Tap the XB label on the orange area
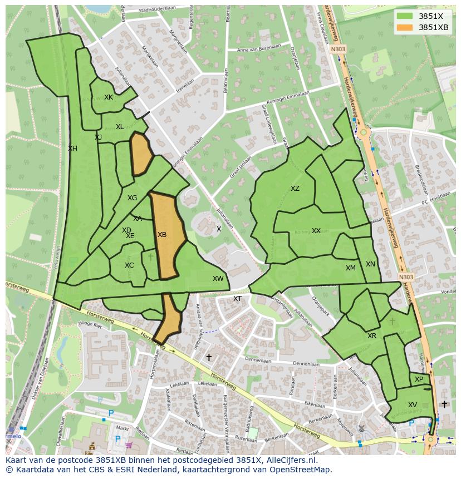click(x=162, y=235)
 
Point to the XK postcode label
click(x=109, y=97)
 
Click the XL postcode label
click(x=120, y=127)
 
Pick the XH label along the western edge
click(x=72, y=149)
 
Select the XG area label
click(x=132, y=198)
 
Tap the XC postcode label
click(x=129, y=265)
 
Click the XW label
click(x=218, y=279)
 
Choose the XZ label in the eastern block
click(x=295, y=189)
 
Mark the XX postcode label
click(x=316, y=231)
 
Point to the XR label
click(x=372, y=336)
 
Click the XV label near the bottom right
click(x=413, y=405)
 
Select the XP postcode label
click(x=419, y=379)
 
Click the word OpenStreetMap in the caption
click(x=303, y=470)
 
